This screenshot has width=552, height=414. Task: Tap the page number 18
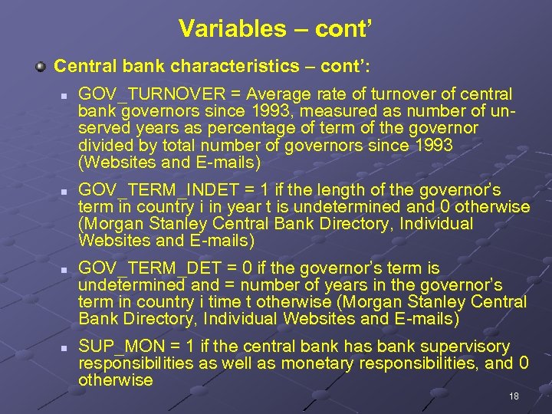click(x=514, y=396)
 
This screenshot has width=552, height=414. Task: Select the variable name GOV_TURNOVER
click(x=150, y=94)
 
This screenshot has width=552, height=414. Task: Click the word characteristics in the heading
click(x=251, y=66)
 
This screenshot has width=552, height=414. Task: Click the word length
click(x=360, y=190)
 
